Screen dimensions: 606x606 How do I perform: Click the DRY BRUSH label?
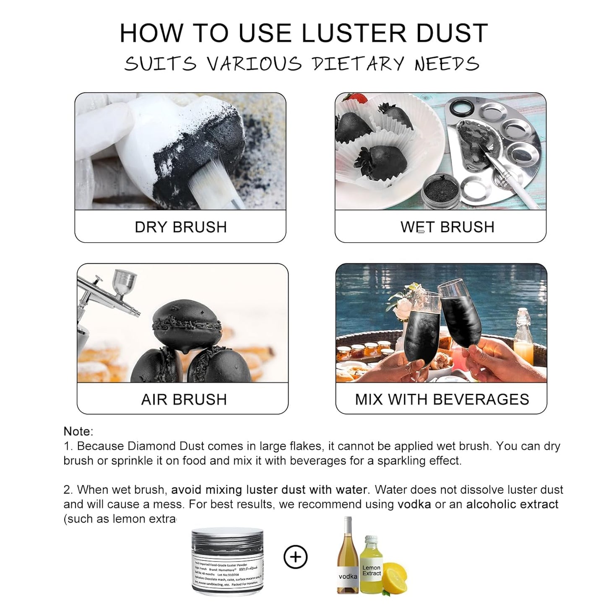pyautogui.click(x=181, y=227)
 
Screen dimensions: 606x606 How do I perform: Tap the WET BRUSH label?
pyautogui.click(x=447, y=227)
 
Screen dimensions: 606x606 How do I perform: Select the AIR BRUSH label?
pyautogui.click(x=184, y=399)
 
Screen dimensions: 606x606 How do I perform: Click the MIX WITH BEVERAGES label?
pyautogui.click(x=442, y=399)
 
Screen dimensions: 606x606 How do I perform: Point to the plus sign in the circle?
pyautogui.click(x=296, y=557)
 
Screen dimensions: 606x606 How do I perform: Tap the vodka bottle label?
pyautogui.click(x=348, y=577)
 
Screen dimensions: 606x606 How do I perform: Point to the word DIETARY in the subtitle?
pyautogui.click(x=358, y=64)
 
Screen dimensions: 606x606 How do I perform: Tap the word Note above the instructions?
pyautogui.click(x=78, y=431)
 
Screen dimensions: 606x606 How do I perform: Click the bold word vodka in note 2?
pyautogui.click(x=414, y=504)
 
